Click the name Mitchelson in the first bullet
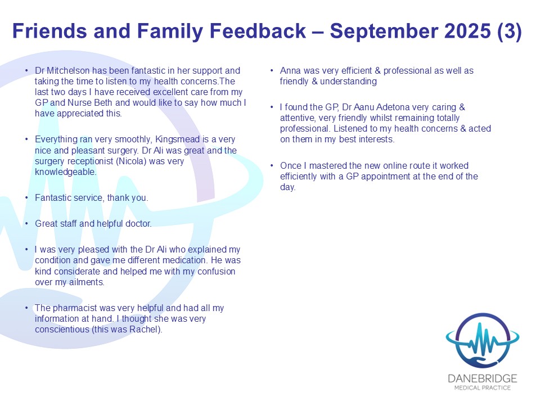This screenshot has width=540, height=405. coord(68,71)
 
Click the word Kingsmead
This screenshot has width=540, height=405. coord(177,139)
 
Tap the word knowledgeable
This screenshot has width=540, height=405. coord(65,172)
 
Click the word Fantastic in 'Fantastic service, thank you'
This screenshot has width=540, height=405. coord(52,197)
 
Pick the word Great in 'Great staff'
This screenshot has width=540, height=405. coord(47,223)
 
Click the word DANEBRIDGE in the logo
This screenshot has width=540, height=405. coord(483,379)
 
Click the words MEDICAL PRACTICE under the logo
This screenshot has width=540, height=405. coord(483,388)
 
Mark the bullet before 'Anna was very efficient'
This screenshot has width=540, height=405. coord(272,71)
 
